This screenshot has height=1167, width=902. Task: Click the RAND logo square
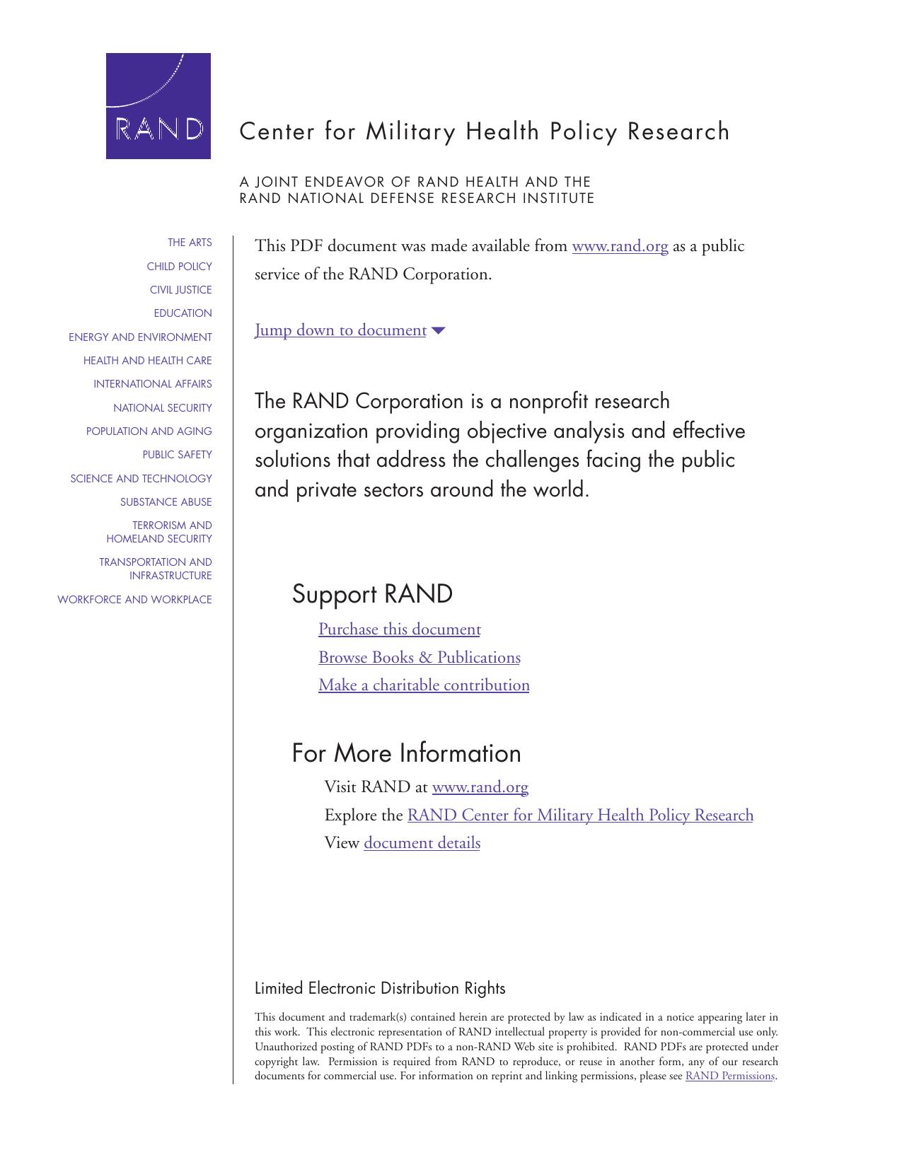tap(158, 106)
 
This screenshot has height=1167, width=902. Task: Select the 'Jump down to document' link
tap(340, 330)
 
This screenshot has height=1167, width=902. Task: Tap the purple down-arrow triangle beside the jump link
tap(438, 330)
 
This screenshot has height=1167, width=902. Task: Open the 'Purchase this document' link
tap(399, 629)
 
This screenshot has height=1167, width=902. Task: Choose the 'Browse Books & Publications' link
tap(419, 658)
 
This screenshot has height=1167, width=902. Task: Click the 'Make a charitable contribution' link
tap(424, 685)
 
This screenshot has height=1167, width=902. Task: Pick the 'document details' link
tap(422, 843)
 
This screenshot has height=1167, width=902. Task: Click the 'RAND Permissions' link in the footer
tap(729, 1076)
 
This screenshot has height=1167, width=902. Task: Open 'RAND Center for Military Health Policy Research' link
tap(580, 815)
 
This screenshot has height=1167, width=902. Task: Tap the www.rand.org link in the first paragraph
tap(620, 246)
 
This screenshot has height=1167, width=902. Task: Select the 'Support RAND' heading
tap(372, 594)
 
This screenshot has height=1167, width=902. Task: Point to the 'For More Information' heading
tap(406, 753)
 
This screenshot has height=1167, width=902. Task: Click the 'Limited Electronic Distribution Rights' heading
tap(380, 988)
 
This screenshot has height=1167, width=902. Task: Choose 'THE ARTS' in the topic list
tap(190, 243)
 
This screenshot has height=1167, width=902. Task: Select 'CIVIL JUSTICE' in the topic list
tap(180, 290)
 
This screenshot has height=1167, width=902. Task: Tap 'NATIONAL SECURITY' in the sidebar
tap(163, 408)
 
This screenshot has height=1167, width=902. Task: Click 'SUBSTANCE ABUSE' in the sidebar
tap(166, 502)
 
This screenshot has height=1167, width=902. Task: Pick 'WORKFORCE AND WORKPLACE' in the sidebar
tap(134, 600)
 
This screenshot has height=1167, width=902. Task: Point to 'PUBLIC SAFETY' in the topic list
tap(177, 455)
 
